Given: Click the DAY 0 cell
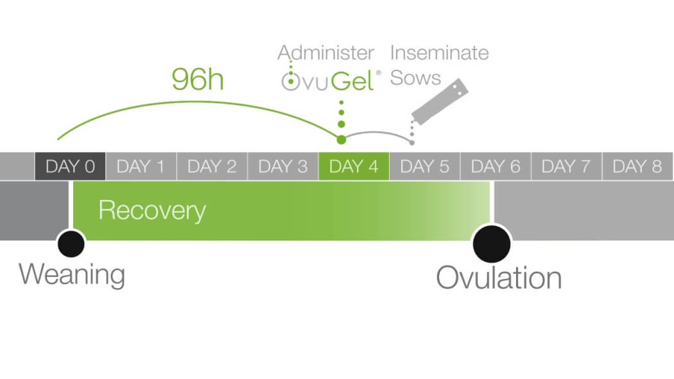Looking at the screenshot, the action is point(70,166).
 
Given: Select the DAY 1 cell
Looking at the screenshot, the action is point(141,166).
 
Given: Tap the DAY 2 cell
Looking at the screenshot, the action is point(212,166).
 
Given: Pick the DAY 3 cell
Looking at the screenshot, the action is point(283,166).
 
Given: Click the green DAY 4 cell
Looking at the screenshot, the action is point(354,166).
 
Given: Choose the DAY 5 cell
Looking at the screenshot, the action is point(425,166).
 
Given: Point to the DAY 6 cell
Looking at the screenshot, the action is point(496,166).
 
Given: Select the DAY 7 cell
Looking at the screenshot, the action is point(567,166).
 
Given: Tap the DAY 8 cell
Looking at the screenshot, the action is point(637,166).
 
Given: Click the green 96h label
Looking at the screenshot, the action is point(198,80).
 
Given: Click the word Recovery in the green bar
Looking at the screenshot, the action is point(152,211).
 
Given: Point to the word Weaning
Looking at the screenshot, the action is point(72,274).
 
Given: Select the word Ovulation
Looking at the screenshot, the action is point(499,278).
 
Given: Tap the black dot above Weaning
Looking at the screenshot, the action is point(71,244).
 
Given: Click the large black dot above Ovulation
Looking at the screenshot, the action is point(492,244).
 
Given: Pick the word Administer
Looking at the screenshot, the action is point(326,53).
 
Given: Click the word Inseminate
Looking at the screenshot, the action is point(439,53).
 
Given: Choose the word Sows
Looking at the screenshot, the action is point(415,78).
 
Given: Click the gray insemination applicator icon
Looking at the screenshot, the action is point(439,102).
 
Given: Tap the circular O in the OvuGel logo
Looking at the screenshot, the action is point(291,81).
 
